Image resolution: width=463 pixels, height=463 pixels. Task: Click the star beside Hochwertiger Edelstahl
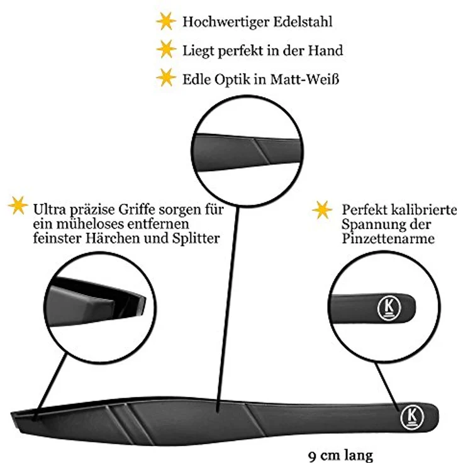tap(166, 21)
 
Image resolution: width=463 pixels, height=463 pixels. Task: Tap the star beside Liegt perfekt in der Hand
tap(166, 49)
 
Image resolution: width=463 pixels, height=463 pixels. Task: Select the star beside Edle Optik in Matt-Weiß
tap(166, 77)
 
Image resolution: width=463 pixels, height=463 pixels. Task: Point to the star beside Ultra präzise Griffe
tap(18, 205)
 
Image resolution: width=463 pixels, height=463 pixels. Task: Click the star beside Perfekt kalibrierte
tap(322, 210)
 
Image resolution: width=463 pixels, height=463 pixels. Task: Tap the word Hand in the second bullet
tap(326, 50)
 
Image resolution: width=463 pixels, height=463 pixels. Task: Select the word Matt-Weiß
tap(304, 79)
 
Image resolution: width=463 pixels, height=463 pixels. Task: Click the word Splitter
tap(196, 238)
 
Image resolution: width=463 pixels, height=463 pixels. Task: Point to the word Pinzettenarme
tap(388, 238)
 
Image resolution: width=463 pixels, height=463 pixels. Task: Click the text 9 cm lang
tap(340, 455)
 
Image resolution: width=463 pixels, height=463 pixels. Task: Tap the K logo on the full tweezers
tap(412, 417)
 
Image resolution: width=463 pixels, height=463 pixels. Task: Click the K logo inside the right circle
tap(389, 308)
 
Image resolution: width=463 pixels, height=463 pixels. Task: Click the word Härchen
tap(113, 238)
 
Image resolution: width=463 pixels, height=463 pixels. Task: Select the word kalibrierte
tap(423, 210)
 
